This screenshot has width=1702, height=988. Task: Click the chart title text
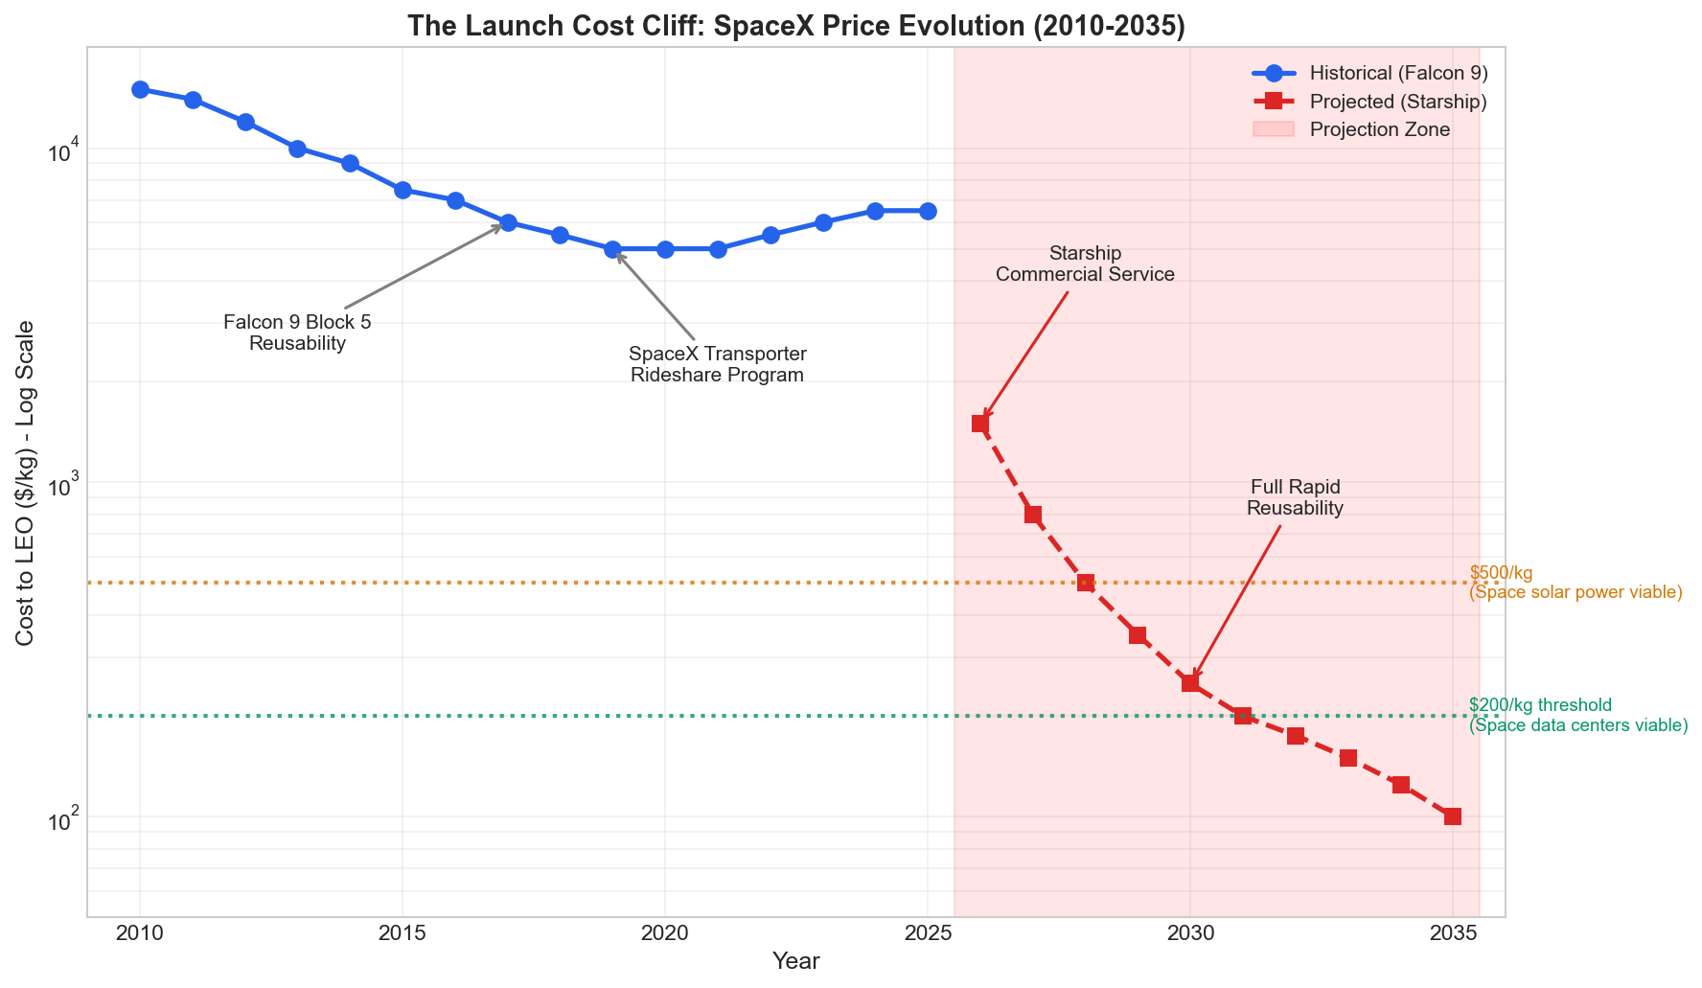tap(795, 26)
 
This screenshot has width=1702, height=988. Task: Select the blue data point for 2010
tap(140, 89)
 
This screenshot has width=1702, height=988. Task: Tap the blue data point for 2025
tap(928, 211)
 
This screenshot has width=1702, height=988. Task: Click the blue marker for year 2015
tap(402, 190)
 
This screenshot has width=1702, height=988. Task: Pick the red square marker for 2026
tap(980, 424)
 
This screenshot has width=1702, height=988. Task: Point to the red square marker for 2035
tap(1453, 816)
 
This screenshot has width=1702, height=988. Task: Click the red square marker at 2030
tap(1190, 683)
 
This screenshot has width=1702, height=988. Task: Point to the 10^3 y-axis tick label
tap(64, 486)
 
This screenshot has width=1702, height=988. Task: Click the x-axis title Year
tap(795, 961)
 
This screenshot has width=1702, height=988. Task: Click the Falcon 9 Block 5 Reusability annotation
tap(297, 333)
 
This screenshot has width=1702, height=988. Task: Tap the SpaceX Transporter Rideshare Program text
tap(717, 364)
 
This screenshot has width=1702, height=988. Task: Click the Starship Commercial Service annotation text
tap(1085, 264)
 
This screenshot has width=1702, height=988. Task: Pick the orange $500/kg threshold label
tap(1575, 583)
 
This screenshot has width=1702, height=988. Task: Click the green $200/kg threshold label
tap(1577, 716)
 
